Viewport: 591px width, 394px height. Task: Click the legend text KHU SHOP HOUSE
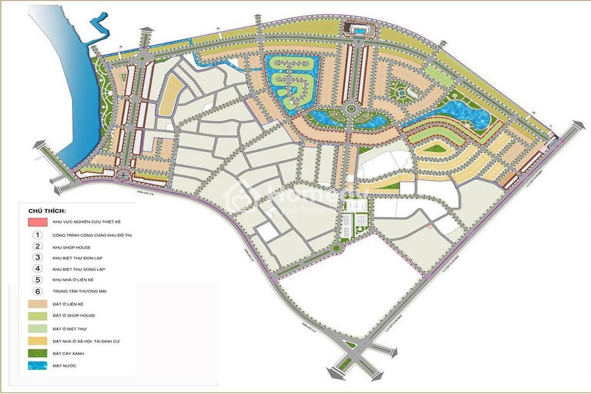[71, 247]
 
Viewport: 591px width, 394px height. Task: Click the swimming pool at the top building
[359, 31]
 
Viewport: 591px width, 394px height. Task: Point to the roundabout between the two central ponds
[351, 109]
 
